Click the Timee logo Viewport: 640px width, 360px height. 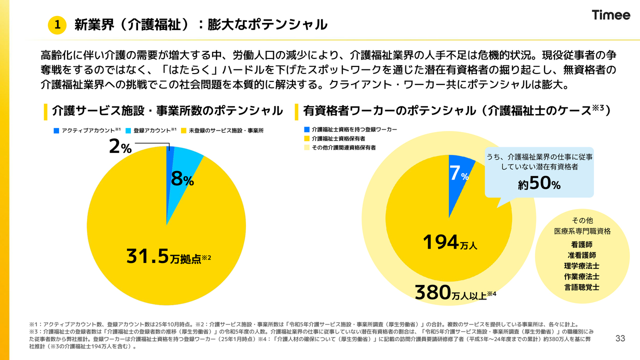tap(611, 15)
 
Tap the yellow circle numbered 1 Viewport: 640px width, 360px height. tap(57, 24)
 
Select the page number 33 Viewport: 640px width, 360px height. tap(620, 338)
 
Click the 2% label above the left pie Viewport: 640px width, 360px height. tap(120, 147)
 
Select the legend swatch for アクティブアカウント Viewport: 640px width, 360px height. tap(56, 130)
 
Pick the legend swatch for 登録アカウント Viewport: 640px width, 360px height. tap(128, 130)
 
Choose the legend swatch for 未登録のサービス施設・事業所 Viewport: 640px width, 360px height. tap(184, 130)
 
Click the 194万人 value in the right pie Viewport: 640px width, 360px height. tap(450, 243)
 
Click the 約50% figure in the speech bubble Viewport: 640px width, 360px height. tap(539, 183)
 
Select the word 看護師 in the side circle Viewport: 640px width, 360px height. tap(582, 245)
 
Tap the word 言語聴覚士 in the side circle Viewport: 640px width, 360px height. tap(582, 287)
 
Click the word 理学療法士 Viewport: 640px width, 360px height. tap(582, 266)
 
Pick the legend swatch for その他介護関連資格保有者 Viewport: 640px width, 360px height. tap(306, 147)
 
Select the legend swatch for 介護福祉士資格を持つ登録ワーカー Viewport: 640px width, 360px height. tap(306, 129)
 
